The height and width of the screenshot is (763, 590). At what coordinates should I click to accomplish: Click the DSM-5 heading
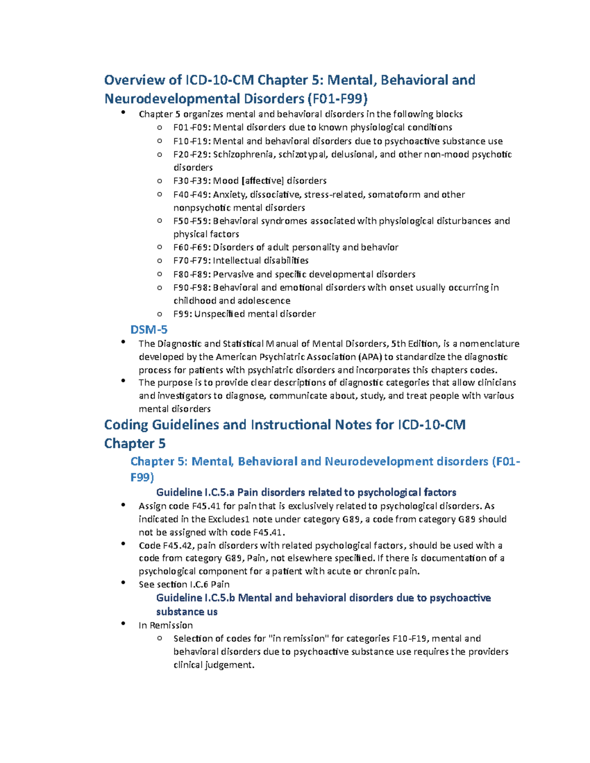(149, 329)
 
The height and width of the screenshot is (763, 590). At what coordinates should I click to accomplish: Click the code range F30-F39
(192, 181)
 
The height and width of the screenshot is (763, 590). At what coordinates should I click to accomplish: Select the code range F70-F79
(192, 260)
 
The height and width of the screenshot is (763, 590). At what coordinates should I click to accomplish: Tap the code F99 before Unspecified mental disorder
(182, 314)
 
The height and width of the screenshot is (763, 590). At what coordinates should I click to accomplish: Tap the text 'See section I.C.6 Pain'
(184, 584)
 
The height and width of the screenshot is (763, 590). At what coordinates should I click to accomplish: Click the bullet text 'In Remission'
(166, 625)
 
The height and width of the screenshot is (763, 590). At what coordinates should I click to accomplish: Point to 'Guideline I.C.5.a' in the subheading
(195, 492)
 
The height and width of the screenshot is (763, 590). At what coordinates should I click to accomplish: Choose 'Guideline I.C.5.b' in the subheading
(196, 598)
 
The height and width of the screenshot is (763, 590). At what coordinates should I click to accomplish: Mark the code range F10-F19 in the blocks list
(192, 141)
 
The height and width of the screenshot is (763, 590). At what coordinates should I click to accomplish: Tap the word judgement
(230, 665)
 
